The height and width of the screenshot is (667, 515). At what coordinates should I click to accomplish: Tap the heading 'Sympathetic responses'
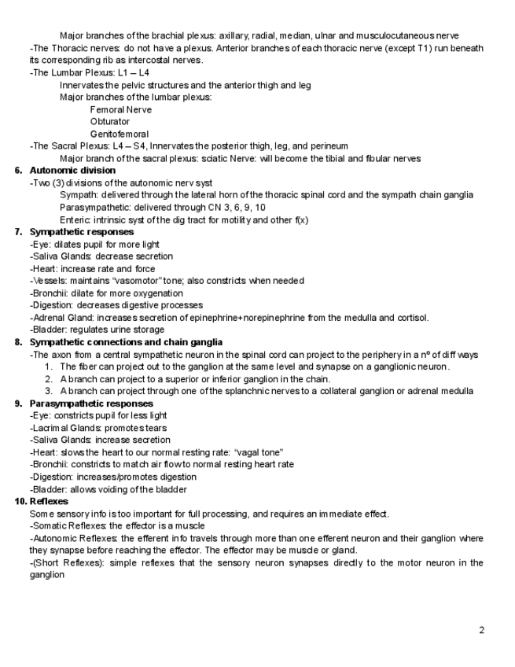pyautogui.click(x=82, y=232)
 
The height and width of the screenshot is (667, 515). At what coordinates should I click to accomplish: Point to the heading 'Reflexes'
pyautogui.click(x=49, y=501)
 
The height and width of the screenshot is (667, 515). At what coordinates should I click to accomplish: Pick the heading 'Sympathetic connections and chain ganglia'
pyautogui.click(x=126, y=342)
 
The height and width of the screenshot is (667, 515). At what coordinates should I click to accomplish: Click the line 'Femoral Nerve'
pyautogui.click(x=121, y=109)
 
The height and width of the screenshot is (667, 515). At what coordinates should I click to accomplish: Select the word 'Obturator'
pyautogui.click(x=110, y=122)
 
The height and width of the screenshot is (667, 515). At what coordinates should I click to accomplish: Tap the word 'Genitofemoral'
pyautogui.click(x=120, y=134)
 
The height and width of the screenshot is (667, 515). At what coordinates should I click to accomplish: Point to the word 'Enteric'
pyautogui.click(x=75, y=219)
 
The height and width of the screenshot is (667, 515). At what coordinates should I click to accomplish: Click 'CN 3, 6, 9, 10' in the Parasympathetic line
pyautogui.click(x=230, y=208)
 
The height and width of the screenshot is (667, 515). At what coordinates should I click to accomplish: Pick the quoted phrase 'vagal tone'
pyautogui.click(x=255, y=452)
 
